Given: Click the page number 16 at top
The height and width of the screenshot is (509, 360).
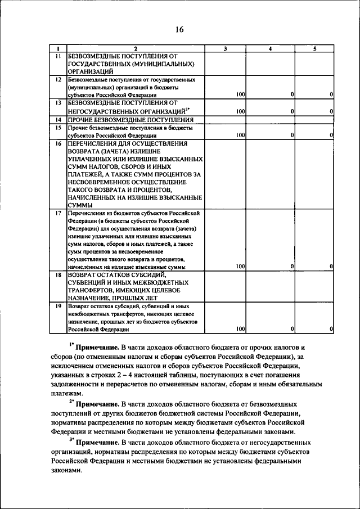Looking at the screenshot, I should coord(179,29).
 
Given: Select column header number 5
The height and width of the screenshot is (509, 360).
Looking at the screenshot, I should coord(315,48).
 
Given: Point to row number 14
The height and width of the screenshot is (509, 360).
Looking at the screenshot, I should coord(58,120).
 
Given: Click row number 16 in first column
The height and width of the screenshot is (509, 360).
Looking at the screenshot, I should coord(58,143).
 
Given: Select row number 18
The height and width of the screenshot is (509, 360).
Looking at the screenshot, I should coord(58,274).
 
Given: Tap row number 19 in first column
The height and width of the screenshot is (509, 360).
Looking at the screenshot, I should coord(58,306).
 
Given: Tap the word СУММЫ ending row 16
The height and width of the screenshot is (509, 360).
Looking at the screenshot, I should coord(80,205).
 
